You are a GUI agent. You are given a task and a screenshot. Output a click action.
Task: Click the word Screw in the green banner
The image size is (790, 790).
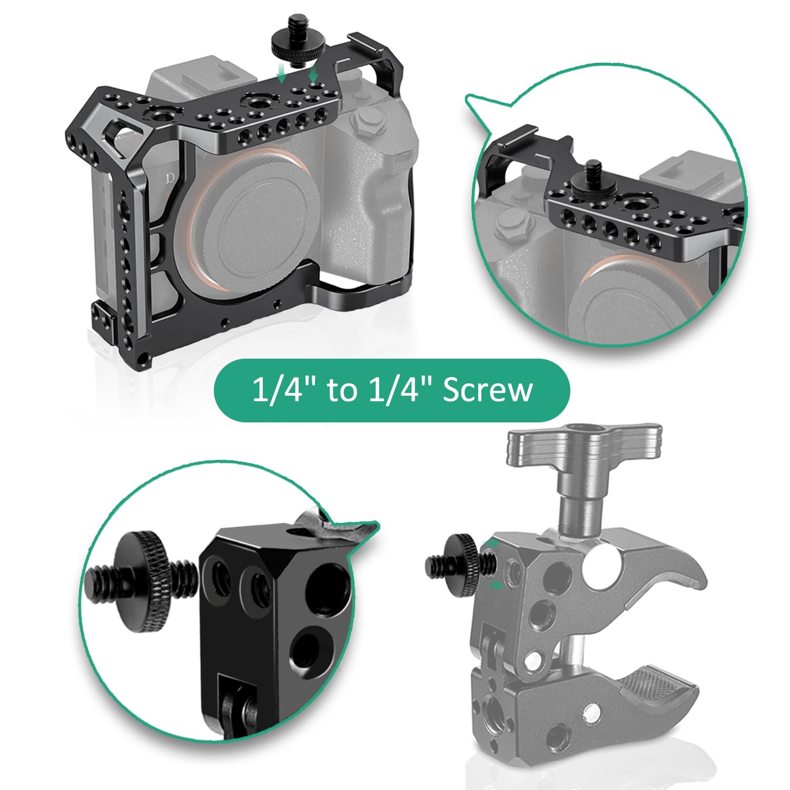488,390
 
